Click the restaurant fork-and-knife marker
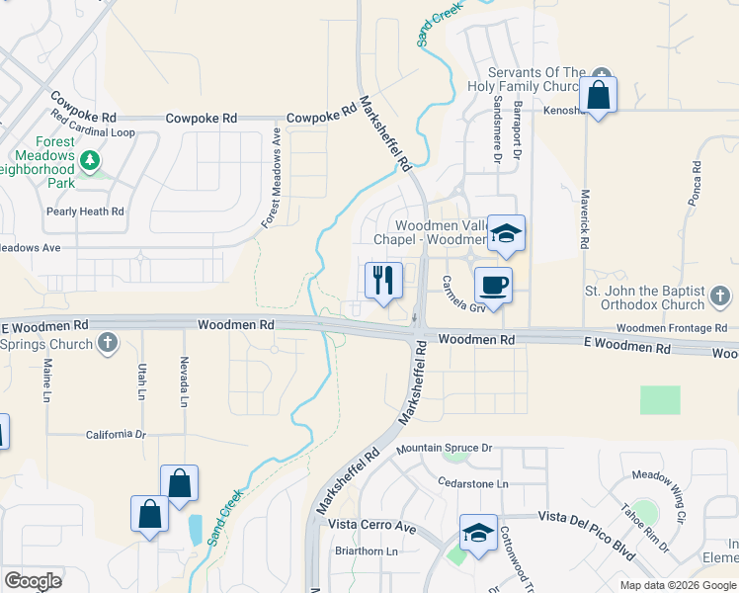pos(383,280)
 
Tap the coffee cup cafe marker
pos(493,286)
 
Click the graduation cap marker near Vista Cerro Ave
pos(478,534)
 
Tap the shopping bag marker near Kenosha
pos(598,95)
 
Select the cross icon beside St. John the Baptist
pos(720,296)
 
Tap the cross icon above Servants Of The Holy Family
pos(602,71)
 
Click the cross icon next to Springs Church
pos(109,344)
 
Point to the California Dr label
pos(116,434)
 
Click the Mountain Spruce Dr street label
pos(444,449)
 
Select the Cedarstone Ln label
pos(473,483)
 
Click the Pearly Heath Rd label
pos(85,212)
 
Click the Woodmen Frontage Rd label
pos(672,328)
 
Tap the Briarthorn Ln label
pos(366,551)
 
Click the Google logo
pos(33,581)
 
